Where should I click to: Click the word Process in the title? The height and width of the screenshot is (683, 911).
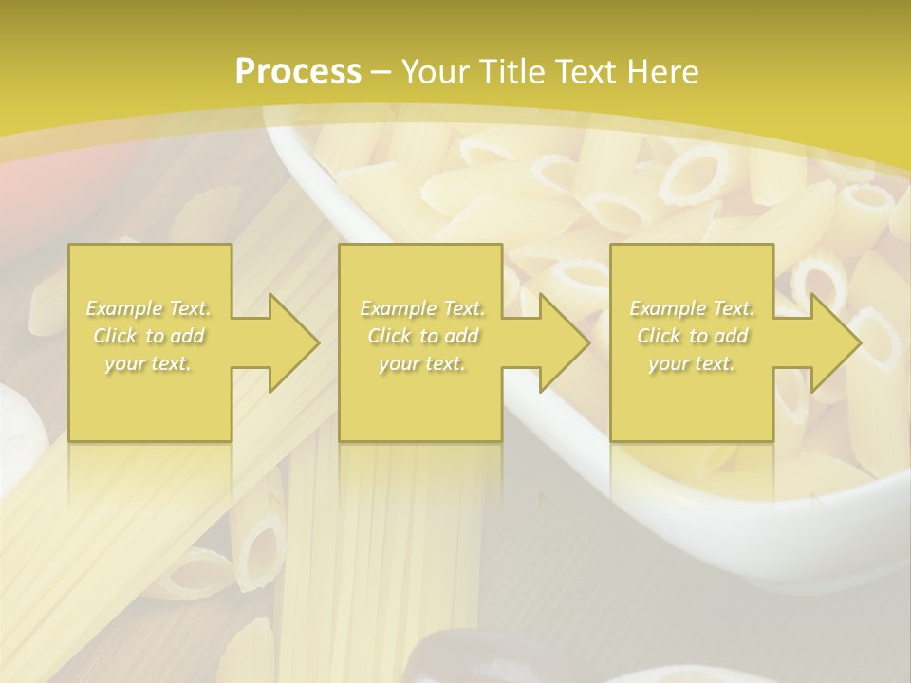point(298,71)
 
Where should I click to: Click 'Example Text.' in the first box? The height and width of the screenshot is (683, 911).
point(149,308)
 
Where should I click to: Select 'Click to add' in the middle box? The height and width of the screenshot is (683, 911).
point(422,336)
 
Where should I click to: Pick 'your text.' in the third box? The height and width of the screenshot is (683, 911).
point(692,363)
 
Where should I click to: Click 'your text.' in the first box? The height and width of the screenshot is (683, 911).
point(149,363)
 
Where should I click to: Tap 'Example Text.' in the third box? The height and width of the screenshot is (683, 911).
point(692,308)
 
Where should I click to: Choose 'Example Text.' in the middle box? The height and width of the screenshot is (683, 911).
point(422,308)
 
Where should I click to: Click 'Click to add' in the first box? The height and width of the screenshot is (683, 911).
point(149,336)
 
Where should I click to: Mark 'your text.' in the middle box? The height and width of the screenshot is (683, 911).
point(422,363)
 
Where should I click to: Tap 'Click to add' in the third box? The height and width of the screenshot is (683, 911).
point(692,336)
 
